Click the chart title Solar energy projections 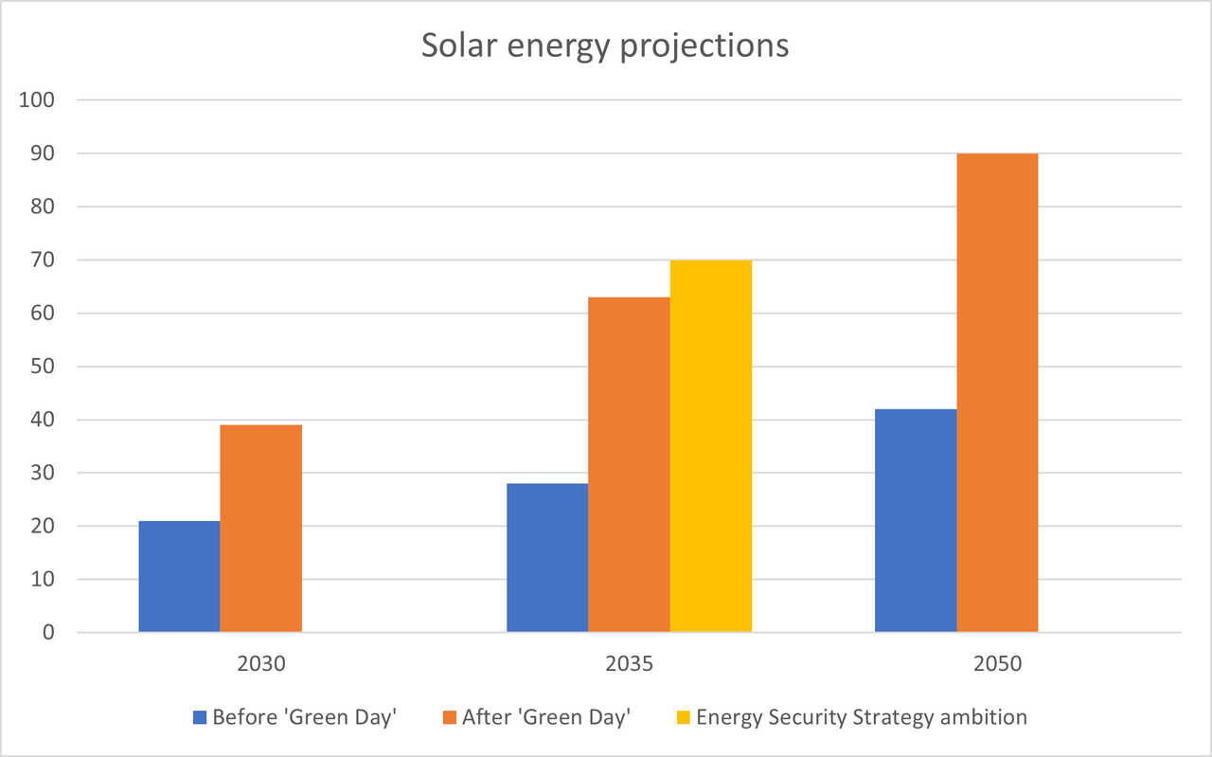tap(605, 45)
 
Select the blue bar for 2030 tap(179, 576)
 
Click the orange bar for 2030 tap(261, 528)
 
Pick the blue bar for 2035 tap(547, 557)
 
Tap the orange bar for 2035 tap(629, 464)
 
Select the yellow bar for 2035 tap(711, 445)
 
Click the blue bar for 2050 tap(916, 520)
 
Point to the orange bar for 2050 tap(997, 392)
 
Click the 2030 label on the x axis tap(261, 663)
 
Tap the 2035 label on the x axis tap(629, 663)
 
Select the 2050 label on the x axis tap(997, 663)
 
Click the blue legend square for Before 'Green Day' tap(200, 717)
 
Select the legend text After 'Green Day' tap(545, 717)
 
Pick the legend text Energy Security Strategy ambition tap(861, 717)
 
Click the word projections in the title tap(704, 45)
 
